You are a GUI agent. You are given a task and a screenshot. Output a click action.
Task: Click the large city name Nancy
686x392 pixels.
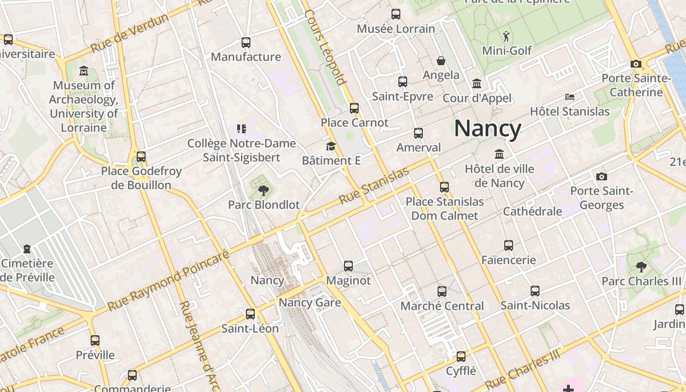coord(488,128)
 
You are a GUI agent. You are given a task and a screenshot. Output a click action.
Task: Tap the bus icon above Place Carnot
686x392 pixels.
coord(354,108)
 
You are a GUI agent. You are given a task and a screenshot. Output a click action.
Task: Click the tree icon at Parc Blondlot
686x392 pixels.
coord(264,190)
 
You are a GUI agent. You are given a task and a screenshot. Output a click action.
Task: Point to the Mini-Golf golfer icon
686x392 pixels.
coord(506,36)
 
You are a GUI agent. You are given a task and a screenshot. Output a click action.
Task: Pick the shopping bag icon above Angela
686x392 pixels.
coord(441,61)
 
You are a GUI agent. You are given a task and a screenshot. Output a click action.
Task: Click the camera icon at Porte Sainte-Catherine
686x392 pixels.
coord(636,64)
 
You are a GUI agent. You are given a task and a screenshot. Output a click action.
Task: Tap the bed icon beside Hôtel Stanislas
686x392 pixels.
coord(569,97)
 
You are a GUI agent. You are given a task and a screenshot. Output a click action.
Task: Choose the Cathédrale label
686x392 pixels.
coord(533,211)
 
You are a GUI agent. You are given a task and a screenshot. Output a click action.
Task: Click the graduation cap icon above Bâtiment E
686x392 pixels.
coord(331,146)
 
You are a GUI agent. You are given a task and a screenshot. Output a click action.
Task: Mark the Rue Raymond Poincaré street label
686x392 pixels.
coord(168,281)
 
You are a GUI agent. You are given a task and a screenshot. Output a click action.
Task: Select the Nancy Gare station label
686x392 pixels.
coord(310,302)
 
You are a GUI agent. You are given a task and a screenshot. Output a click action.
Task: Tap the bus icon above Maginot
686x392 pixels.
coord(348,266)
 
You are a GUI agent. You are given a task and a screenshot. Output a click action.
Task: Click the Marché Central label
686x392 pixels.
coord(442,306)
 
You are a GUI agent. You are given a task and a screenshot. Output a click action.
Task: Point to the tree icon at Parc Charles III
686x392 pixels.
coord(641,267)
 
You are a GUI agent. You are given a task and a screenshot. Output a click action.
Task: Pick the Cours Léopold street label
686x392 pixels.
coord(325,47)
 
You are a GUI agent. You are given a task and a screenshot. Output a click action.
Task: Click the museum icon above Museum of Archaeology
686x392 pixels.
coord(83,71)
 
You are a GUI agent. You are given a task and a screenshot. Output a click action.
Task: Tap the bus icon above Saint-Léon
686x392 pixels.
coord(250,314)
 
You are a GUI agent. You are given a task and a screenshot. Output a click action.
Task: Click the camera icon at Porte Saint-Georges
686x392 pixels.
coord(602,176)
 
